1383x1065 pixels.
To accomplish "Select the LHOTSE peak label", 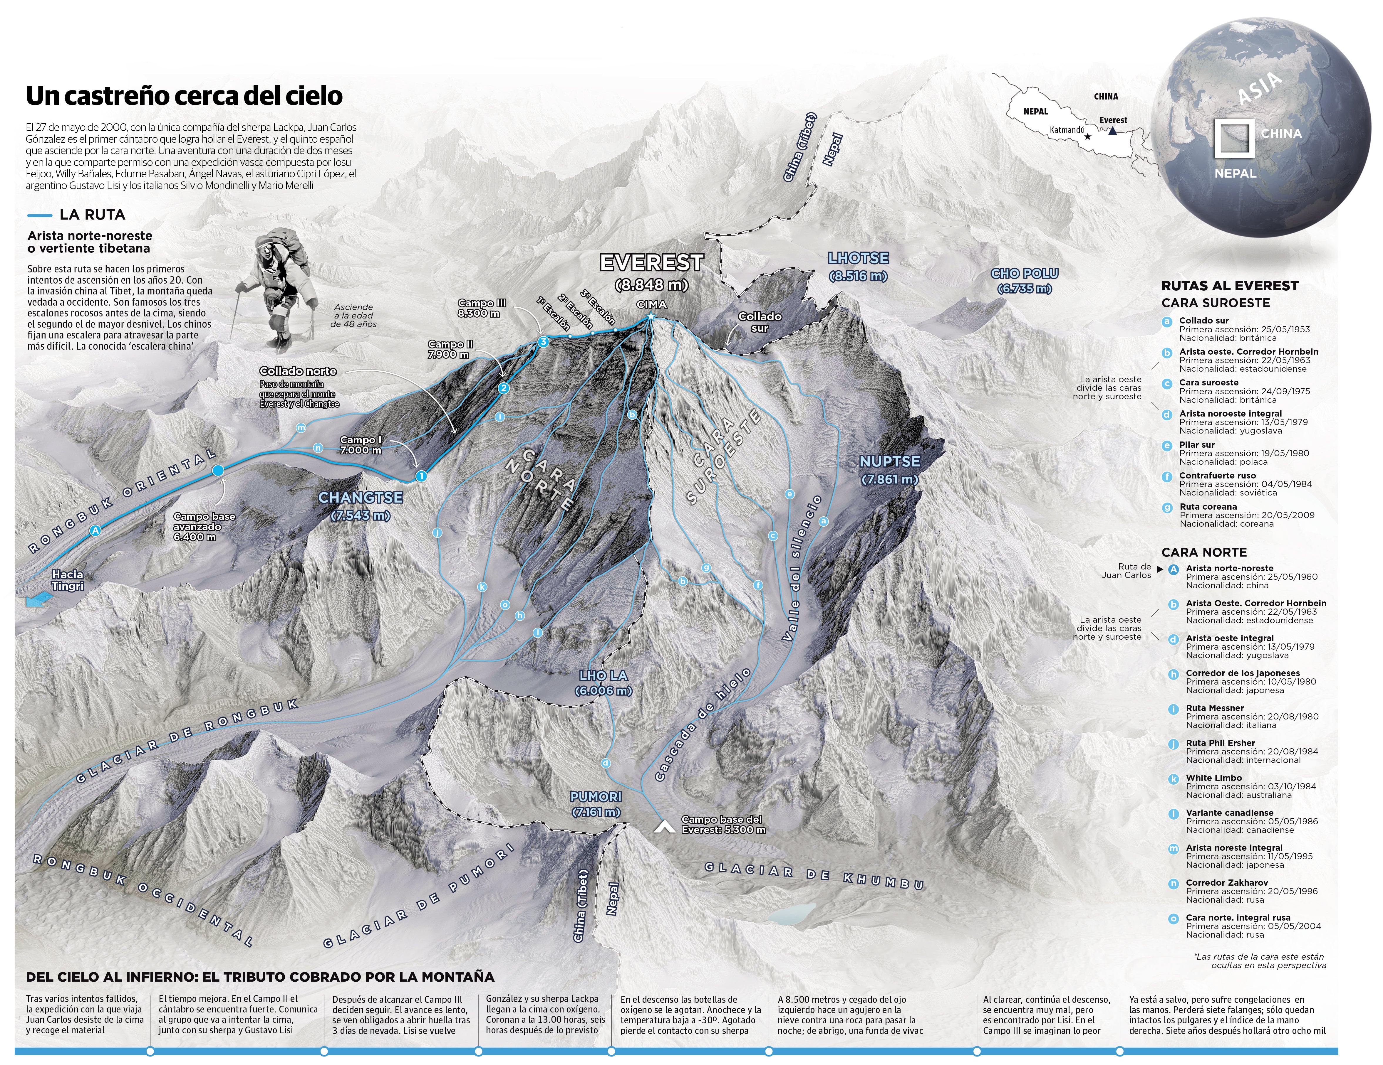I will [x=858, y=258].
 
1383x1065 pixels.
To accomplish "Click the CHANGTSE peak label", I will [x=360, y=498].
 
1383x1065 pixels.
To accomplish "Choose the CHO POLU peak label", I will [x=1024, y=273].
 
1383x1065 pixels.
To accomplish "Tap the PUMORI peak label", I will [x=595, y=797].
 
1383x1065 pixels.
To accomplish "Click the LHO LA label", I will [x=603, y=676].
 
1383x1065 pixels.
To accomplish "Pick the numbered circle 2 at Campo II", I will [x=503, y=389].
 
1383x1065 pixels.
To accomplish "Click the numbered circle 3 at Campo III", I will [x=543, y=342].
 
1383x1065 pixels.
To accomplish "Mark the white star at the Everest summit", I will [x=650, y=318].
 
